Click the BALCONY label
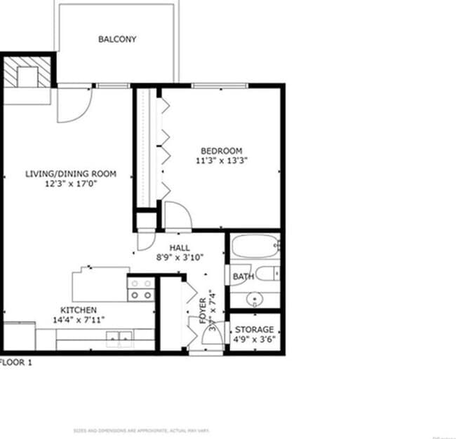(x=117, y=39)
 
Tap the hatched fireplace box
(x=28, y=71)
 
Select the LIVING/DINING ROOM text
(x=70, y=174)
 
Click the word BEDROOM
(x=221, y=151)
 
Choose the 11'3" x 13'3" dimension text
(x=222, y=160)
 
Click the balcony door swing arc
(x=75, y=104)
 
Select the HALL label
(x=180, y=248)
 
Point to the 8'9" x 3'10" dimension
(x=180, y=257)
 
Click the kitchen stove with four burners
(x=140, y=288)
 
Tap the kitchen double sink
(x=119, y=340)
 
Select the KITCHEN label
(x=79, y=310)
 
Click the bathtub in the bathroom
(x=254, y=246)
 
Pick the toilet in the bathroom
(x=266, y=274)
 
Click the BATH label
(x=243, y=277)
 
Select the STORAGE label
(x=254, y=330)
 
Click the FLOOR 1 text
(x=15, y=363)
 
